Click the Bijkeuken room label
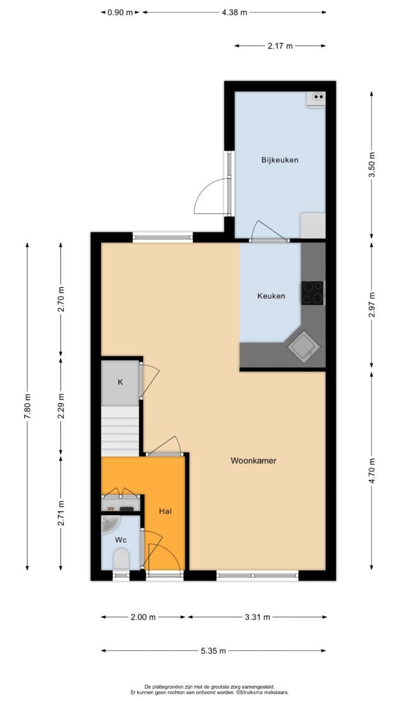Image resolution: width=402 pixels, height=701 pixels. tap(280, 160)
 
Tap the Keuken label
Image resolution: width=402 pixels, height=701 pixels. tap(271, 296)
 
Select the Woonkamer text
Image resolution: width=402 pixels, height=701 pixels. tap(254, 460)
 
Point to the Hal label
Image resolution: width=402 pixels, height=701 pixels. tap(165, 511)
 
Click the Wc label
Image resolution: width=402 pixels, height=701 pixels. tap(121, 540)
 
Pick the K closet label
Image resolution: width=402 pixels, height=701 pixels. tap(120, 382)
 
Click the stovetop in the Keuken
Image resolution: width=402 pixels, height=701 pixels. tap(312, 293)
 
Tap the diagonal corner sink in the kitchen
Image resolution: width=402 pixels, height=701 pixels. tap(303, 347)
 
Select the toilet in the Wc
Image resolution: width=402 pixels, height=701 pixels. tap(121, 559)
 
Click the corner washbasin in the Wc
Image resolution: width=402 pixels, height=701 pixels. tap(110, 524)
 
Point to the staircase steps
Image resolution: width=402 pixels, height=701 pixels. tap(120, 431)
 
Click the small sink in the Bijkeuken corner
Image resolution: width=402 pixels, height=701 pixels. tap(316, 98)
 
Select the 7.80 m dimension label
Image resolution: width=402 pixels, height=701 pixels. tap(27, 406)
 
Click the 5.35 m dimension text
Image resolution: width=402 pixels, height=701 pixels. tap(213, 651)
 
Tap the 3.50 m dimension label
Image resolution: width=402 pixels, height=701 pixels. tap(372, 165)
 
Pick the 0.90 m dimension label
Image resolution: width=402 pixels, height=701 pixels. tap(120, 12)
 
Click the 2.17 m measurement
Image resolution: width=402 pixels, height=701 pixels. tap(280, 46)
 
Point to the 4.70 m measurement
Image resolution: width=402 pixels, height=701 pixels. tap(372, 471)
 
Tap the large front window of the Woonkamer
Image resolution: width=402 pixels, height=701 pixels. tap(257, 575)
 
